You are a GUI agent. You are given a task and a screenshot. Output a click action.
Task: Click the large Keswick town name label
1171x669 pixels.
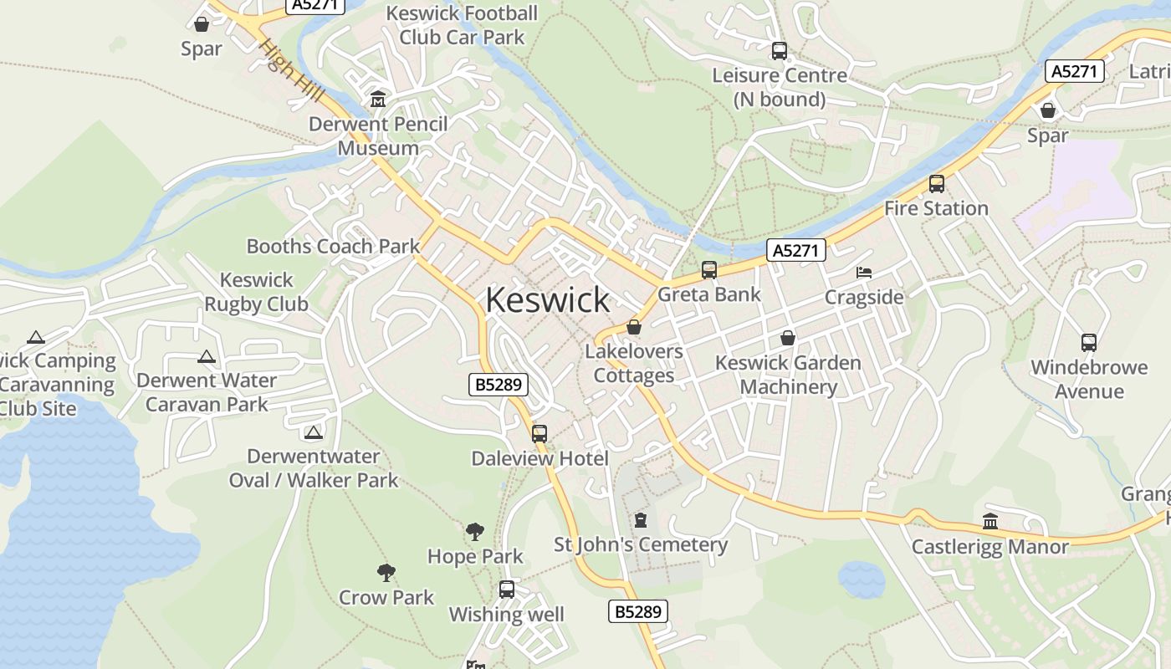(x=548, y=300)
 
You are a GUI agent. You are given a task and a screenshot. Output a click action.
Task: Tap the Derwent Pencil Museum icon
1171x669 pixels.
(x=378, y=100)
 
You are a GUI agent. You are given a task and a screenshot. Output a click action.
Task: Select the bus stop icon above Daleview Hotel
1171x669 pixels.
(x=539, y=433)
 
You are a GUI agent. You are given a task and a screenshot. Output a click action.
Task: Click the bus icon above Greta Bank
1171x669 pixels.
(x=709, y=269)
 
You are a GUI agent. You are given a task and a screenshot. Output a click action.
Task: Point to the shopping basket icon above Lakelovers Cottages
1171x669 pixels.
(x=634, y=327)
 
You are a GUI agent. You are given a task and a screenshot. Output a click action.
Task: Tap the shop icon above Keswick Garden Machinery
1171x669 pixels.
(x=787, y=338)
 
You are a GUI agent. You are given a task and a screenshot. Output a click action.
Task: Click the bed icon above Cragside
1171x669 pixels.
(x=864, y=273)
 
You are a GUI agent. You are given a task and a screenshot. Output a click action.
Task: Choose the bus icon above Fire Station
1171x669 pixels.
(x=937, y=184)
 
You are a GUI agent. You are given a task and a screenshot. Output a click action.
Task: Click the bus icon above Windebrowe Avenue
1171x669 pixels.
(x=1088, y=342)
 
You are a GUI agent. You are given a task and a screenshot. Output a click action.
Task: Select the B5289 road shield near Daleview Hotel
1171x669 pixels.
(x=499, y=385)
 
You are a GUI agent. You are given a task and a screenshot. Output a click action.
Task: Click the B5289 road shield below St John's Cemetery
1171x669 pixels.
(x=637, y=611)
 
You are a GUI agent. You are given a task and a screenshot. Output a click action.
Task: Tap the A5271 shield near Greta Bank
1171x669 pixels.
(x=795, y=250)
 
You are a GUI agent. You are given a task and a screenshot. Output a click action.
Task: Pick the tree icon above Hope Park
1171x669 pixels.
(x=475, y=531)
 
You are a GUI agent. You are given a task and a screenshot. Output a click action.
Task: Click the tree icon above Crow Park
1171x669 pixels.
(x=386, y=572)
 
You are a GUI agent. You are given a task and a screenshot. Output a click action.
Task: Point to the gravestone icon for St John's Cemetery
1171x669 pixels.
(x=641, y=520)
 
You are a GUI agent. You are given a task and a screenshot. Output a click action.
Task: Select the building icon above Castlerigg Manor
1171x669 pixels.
(x=990, y=521)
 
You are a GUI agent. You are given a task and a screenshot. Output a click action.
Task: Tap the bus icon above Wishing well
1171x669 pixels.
(x=507, y=589)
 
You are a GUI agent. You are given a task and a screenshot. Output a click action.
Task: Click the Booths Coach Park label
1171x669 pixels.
(x=333, y=246)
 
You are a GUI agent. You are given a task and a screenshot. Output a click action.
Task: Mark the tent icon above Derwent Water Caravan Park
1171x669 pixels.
(x=207, y=357)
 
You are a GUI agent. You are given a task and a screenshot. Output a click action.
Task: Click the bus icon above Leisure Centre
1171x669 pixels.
(x=780, y=51)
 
